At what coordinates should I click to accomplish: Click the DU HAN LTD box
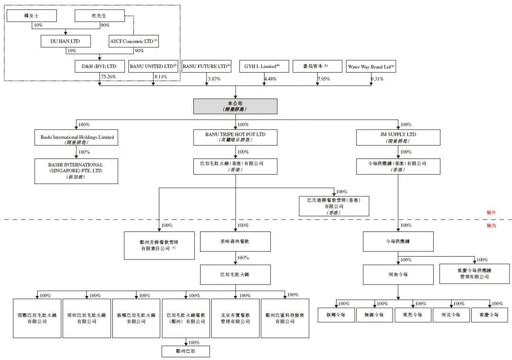65,41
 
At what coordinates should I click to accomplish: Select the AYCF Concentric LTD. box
134,41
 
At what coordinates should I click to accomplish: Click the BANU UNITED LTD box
153,66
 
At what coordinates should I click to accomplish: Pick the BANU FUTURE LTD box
206,66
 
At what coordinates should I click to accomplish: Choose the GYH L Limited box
264,66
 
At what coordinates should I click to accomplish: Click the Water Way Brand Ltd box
371,66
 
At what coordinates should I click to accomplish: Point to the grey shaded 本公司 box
235,106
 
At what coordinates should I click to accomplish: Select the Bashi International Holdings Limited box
76,138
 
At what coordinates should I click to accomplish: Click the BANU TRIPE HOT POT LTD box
235,137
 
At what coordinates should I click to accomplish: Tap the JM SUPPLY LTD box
398,137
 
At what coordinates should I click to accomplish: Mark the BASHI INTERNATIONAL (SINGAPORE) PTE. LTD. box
76,170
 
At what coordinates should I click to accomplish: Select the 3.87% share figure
214,79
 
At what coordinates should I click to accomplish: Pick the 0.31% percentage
377,79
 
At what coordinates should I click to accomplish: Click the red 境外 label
491,213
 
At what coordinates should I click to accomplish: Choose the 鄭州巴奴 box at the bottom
185,351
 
